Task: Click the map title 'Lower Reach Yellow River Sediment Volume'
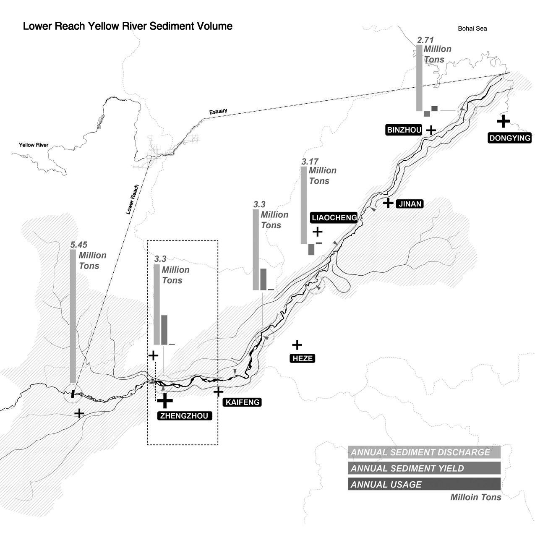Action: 128,26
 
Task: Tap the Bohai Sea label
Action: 472,29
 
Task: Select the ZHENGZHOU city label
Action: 184,416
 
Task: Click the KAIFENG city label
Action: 243,402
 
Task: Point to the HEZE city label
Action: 302,358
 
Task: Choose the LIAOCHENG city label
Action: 334,217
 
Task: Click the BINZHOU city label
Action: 404,130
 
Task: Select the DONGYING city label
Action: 510,138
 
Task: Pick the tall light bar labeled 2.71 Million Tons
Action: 419,78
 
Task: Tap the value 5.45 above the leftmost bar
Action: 78,245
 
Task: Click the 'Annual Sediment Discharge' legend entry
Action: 424,452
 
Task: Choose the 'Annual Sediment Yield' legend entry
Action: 424,468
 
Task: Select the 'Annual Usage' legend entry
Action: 424,484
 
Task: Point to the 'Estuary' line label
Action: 218,112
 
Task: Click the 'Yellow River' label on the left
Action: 34,145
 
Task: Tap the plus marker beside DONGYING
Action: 503,121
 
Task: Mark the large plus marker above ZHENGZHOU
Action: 165,400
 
